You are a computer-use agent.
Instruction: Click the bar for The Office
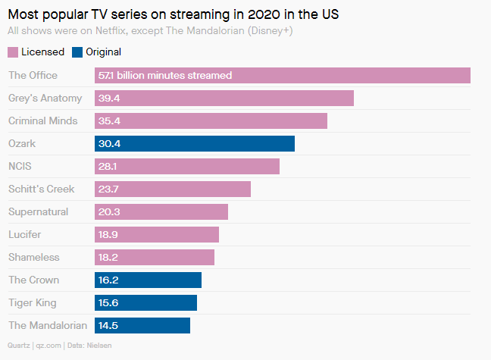[x=282, y=75]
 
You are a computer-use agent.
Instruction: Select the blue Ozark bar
[x=195, y=144]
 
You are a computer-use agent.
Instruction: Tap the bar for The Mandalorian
[x=142, y=326]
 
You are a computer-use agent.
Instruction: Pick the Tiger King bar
[x=145, y=303]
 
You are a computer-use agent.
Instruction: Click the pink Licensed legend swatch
[x=13, y=52]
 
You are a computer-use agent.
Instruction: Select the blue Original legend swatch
[x=77, y=52]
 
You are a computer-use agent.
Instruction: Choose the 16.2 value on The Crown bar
[x=109, y=280]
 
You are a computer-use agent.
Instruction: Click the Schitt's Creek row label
[x=42, y=189]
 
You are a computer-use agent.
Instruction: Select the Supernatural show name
[x=39, y=211]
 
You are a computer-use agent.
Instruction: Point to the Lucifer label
[x=26, y=234]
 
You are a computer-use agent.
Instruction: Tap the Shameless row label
[x=34, y=257]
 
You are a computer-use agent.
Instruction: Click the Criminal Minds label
[x=42, y=121]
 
